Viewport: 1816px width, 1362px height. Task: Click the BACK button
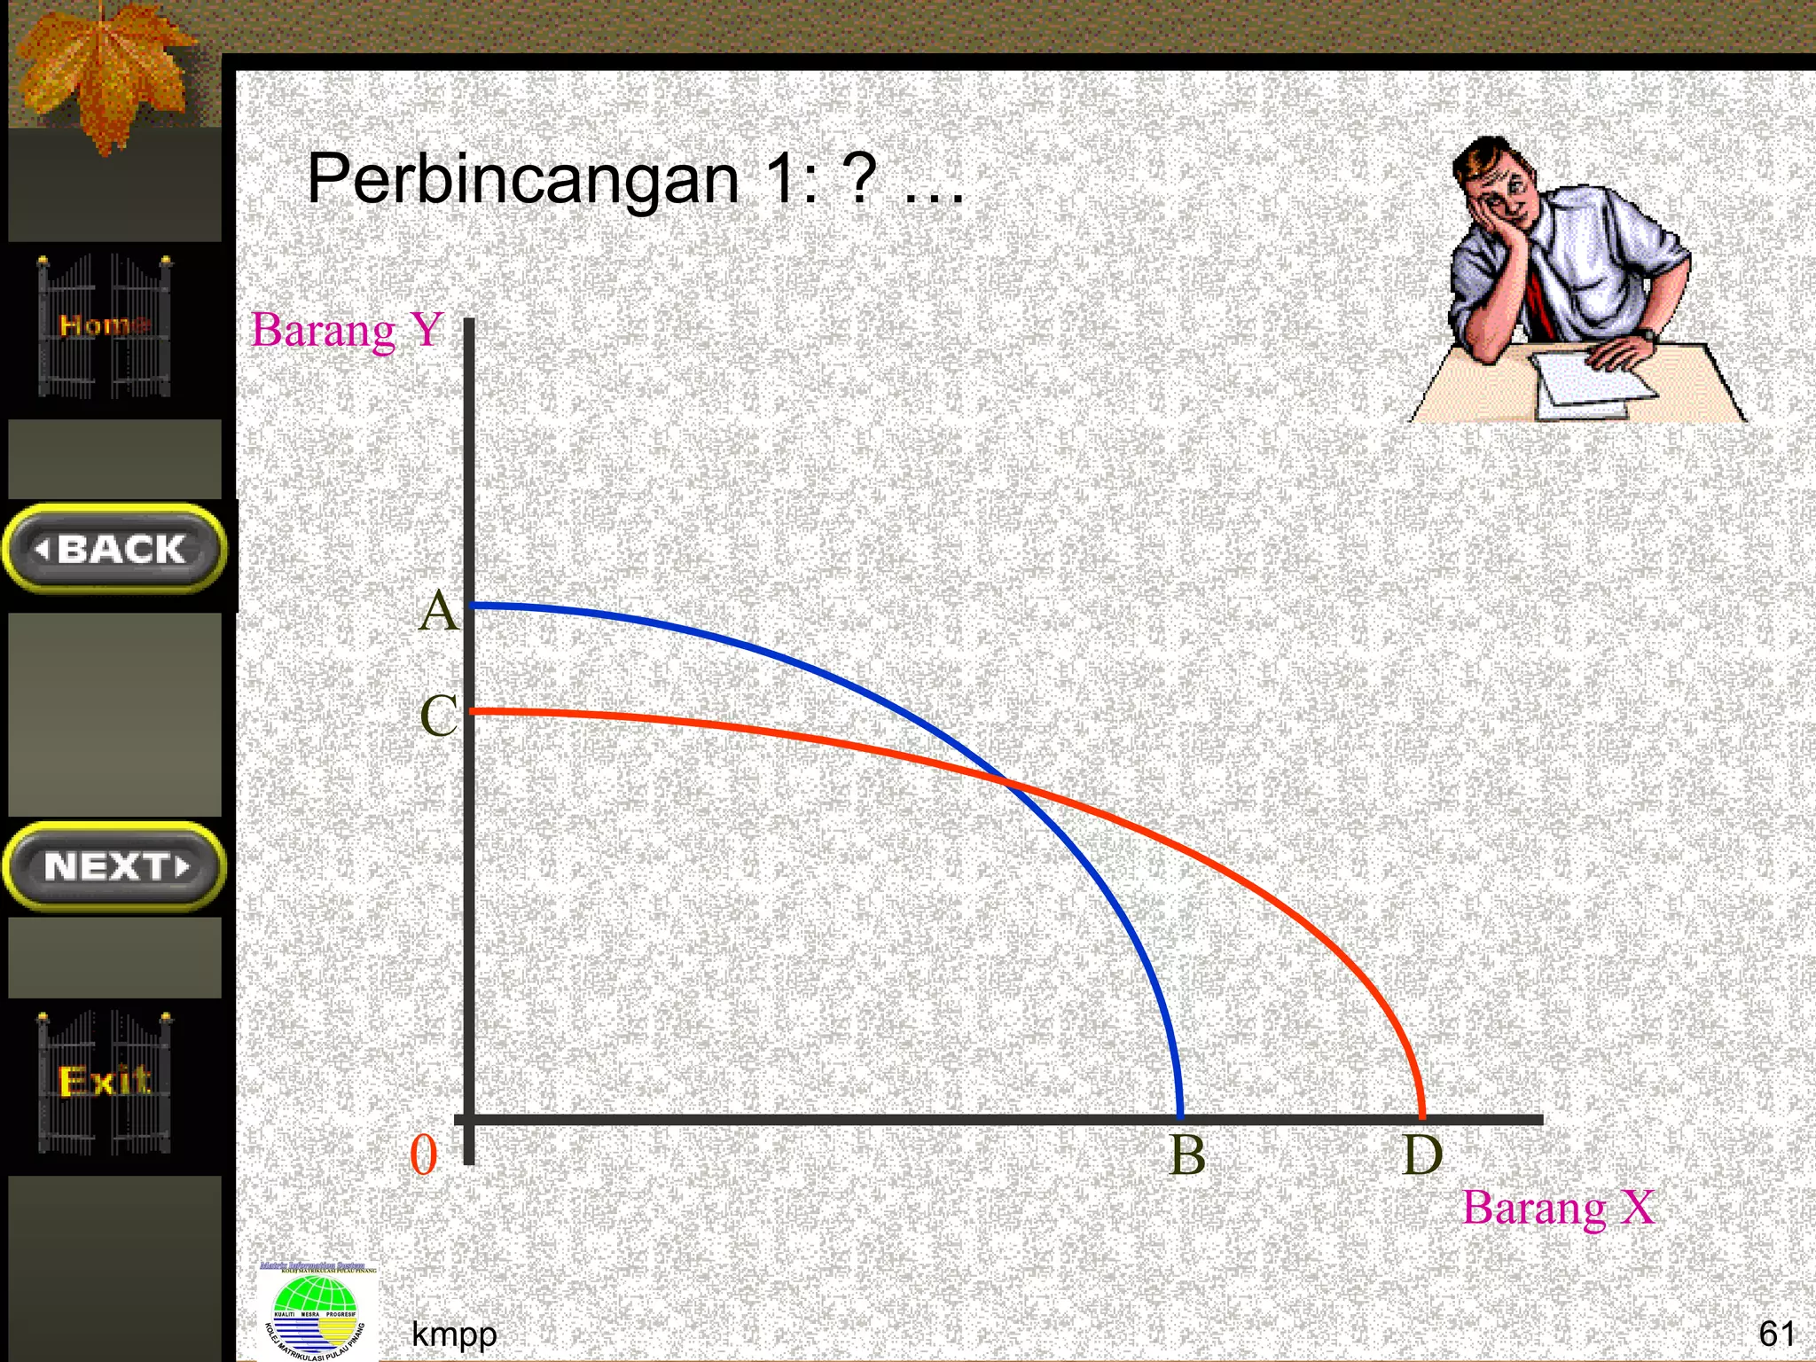pyautogui.click(x=115, y=549)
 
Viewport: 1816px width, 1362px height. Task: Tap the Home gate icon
pyautogui.click(x=105, y=326)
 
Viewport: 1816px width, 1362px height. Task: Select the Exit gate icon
pyautogui.click(x=105, y=1082)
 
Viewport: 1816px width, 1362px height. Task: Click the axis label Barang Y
pyautogui.click(x=348, y=331)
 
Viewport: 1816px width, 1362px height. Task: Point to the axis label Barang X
pyautogui.click(x=1558, y=1208)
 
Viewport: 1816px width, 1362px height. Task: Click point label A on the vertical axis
pyautogui.click(x=438, y=612)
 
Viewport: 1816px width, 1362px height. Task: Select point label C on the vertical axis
pyautogui.click(x=438, y=716)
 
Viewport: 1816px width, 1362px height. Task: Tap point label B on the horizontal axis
pyautogui.click(x=1187, y=1155)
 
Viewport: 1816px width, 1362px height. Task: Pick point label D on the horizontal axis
pyautogui.click(x=1422, y=1155)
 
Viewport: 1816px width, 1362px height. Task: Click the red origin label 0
pyautogui.click(x=424, y=1155)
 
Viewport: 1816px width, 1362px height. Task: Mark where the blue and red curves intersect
pyautogui.click(x=1006, y=780)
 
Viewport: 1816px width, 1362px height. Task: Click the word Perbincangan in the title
pyautogui.click(x=523, y=180)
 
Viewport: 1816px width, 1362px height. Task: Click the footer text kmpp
pyautogui.click(x=454, y=1334)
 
